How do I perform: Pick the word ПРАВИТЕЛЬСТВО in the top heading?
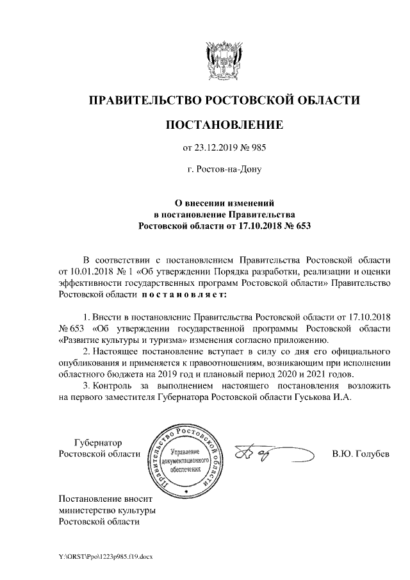point(143,100)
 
